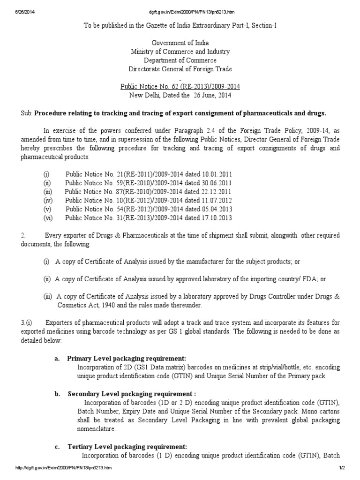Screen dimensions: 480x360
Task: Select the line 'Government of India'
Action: coord(180,43)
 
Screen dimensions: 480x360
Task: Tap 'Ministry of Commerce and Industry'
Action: coord(180,52)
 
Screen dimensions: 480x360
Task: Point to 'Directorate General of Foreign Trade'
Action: coord(180,69)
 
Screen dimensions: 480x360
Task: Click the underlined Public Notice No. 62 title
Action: coord(180,87)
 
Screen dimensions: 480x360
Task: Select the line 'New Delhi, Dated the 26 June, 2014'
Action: coord(180,95)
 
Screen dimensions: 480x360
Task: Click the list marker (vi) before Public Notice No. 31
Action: coord(47,217)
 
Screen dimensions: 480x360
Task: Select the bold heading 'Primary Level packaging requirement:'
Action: coord(130,358)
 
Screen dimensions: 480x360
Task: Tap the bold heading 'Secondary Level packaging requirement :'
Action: coord(132,393)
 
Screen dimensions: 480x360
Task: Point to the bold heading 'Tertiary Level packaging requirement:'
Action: coord(127,446)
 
